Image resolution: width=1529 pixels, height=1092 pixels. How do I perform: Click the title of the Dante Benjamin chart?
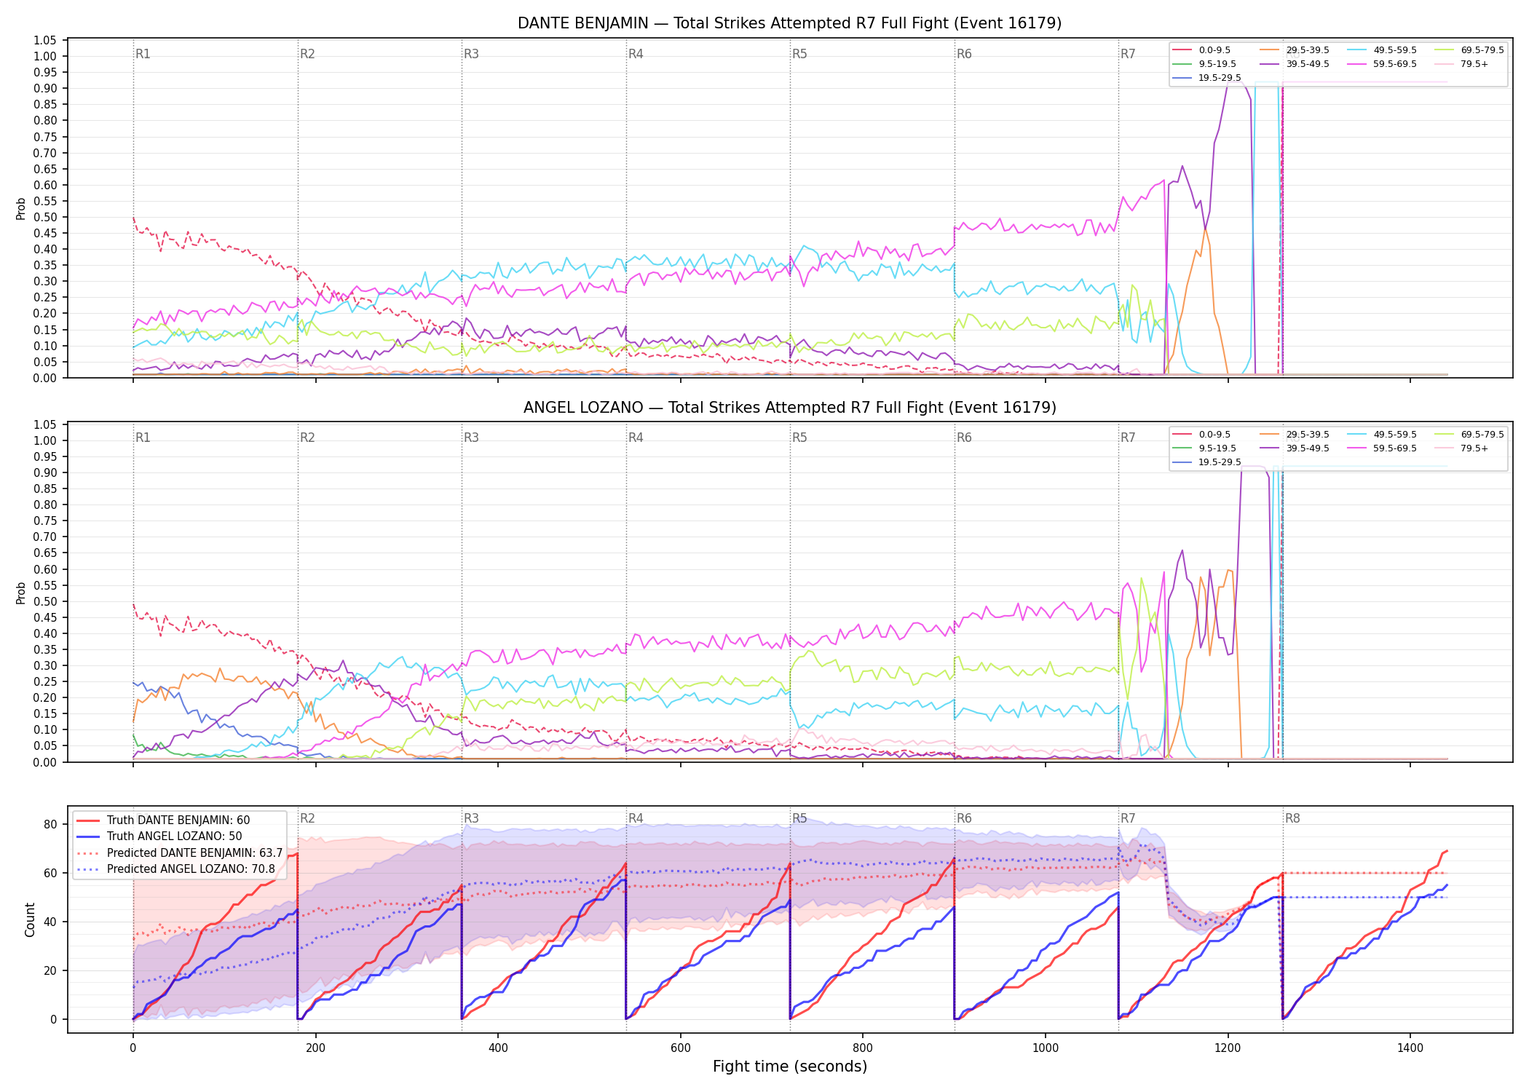coord(789,23)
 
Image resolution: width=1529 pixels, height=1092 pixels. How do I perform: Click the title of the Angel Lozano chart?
coord(789,408)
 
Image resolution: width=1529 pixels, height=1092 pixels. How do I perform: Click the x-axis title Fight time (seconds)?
coord(790,1067)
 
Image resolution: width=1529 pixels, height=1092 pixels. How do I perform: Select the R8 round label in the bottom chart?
coord(1292,818)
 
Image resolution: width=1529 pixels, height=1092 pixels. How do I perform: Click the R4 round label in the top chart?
coord(636,54)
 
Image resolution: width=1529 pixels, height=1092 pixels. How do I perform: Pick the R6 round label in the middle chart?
coord(964,438)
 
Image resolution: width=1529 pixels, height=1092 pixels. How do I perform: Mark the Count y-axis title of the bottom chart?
coord(30,919)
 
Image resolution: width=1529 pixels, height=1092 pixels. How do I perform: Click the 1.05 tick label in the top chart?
coord(45,40)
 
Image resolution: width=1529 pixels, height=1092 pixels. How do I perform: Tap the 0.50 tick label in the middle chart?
coord(45,601)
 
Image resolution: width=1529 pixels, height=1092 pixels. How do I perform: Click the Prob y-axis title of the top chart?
coord(21,209)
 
